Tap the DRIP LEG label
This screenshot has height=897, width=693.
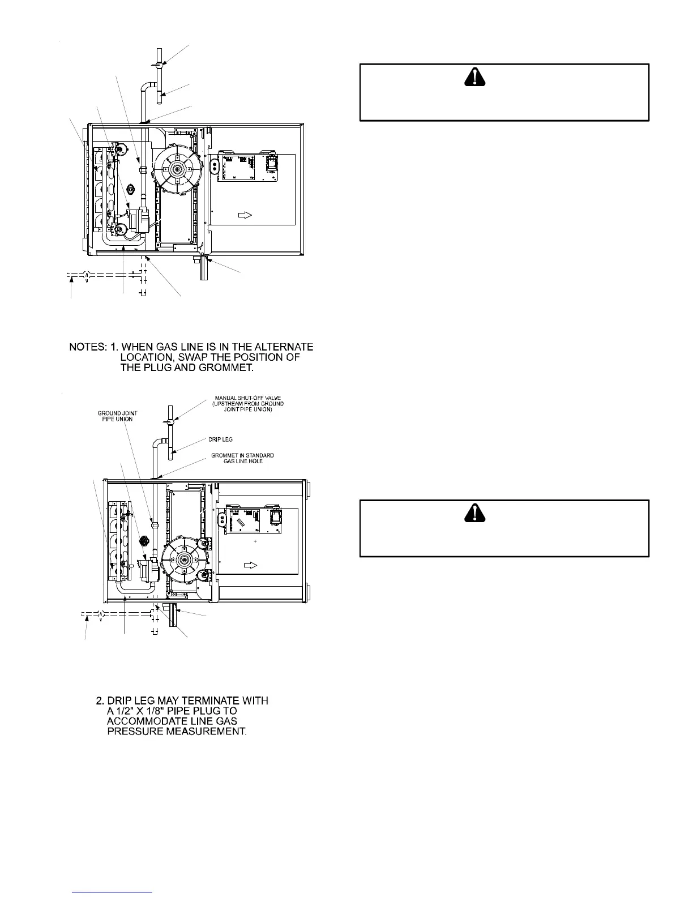tap(222, 439)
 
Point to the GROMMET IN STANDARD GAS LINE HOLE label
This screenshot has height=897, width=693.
tap(242, 458)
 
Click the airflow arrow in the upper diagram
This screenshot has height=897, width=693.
tap(245, 215)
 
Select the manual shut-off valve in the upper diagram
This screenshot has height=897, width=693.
tap(160, 65)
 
